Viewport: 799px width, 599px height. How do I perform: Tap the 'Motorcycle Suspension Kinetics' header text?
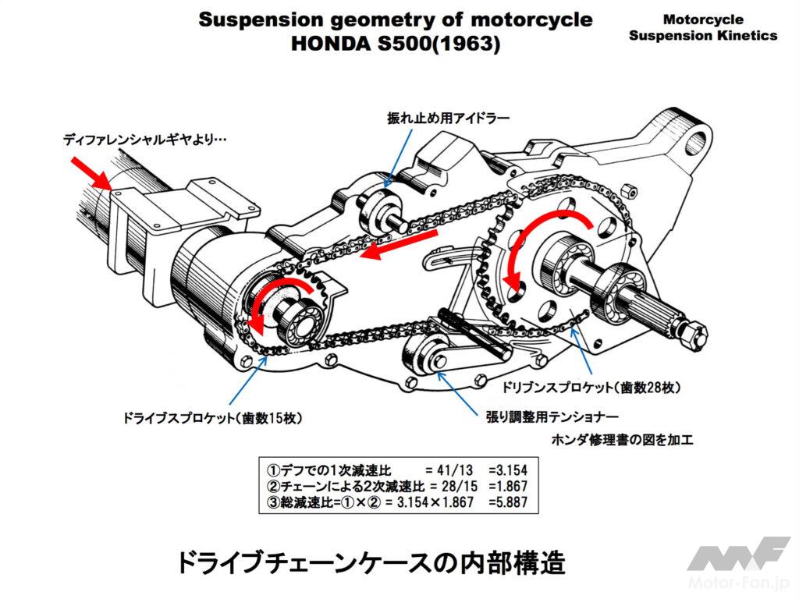tap(702, 27)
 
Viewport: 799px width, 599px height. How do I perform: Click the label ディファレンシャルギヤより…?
tap(145, 141)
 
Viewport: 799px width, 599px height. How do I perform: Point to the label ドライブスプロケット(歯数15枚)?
tap(212, 419)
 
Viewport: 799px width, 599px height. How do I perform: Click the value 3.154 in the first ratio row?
tap(507, 470)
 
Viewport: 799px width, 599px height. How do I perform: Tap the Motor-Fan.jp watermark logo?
tap(737, 565)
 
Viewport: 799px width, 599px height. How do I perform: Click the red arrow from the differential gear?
tap(90, 171)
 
